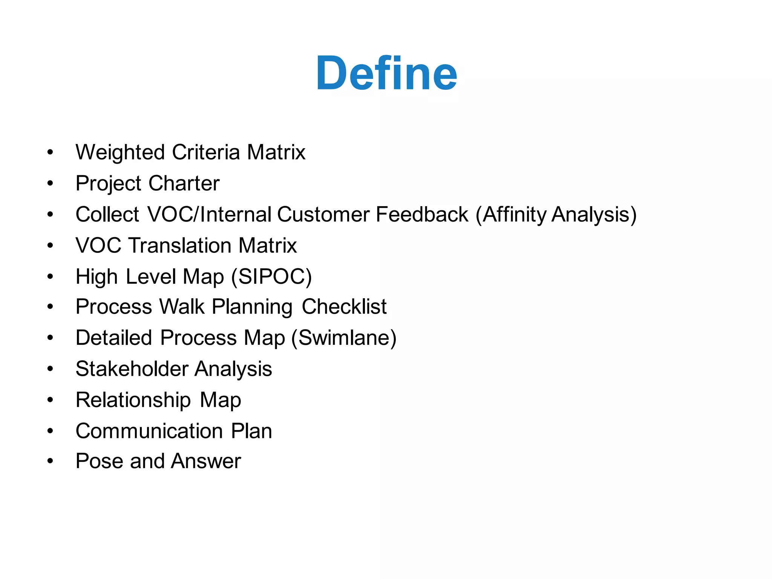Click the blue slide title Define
point(386,73)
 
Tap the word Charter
point(184,184)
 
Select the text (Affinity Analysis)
point(556,215)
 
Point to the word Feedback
point(422,214)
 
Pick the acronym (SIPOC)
point(271,277)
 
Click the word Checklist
point(344,306)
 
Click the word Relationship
point(133,400)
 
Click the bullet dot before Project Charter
point(50,184)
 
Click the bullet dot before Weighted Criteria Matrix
point(50,153)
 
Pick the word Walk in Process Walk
point(182,306)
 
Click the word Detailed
point(113,338)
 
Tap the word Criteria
point(206,153)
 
